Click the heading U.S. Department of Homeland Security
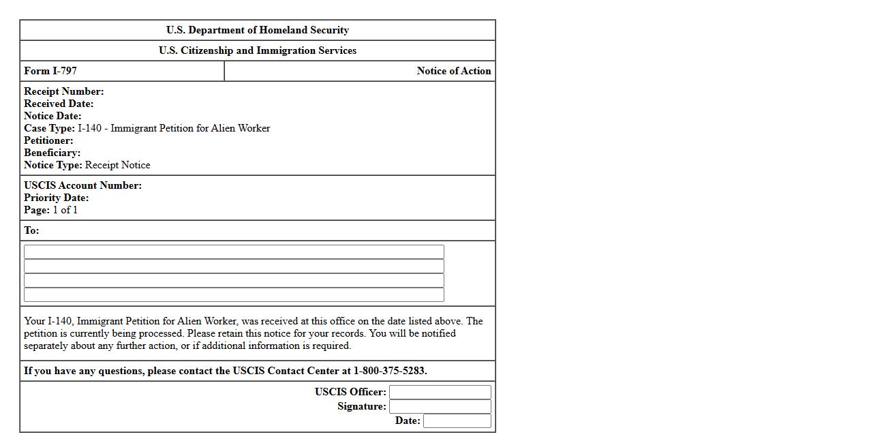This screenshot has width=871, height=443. tap(258, 30)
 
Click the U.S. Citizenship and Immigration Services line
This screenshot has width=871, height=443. tap(258, 50)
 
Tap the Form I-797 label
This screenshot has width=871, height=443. tap(50, 71)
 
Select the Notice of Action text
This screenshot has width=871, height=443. tap(453, 71)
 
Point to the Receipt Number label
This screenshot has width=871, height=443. tap(64, 91)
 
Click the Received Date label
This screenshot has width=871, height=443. tap(59, 104)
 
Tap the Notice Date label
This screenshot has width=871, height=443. tap(52, 116)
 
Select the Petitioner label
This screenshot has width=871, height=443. tap(48, 140)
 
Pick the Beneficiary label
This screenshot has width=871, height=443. tap(52, 153)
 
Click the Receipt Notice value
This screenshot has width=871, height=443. tap(117, 165)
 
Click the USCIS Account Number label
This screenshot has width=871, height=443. tap(82, 185)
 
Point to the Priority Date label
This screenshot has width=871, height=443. tap(56, 198)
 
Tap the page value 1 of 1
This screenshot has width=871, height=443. tap(65, 210)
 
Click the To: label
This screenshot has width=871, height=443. tap(31, 230)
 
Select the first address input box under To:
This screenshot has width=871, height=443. tap(234, 251)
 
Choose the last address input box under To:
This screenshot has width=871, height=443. tap(234, 294)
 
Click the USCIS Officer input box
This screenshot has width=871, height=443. tap(440, 392)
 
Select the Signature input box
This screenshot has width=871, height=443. tap(440, 406)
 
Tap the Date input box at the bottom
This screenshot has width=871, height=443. tap(457, 421)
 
